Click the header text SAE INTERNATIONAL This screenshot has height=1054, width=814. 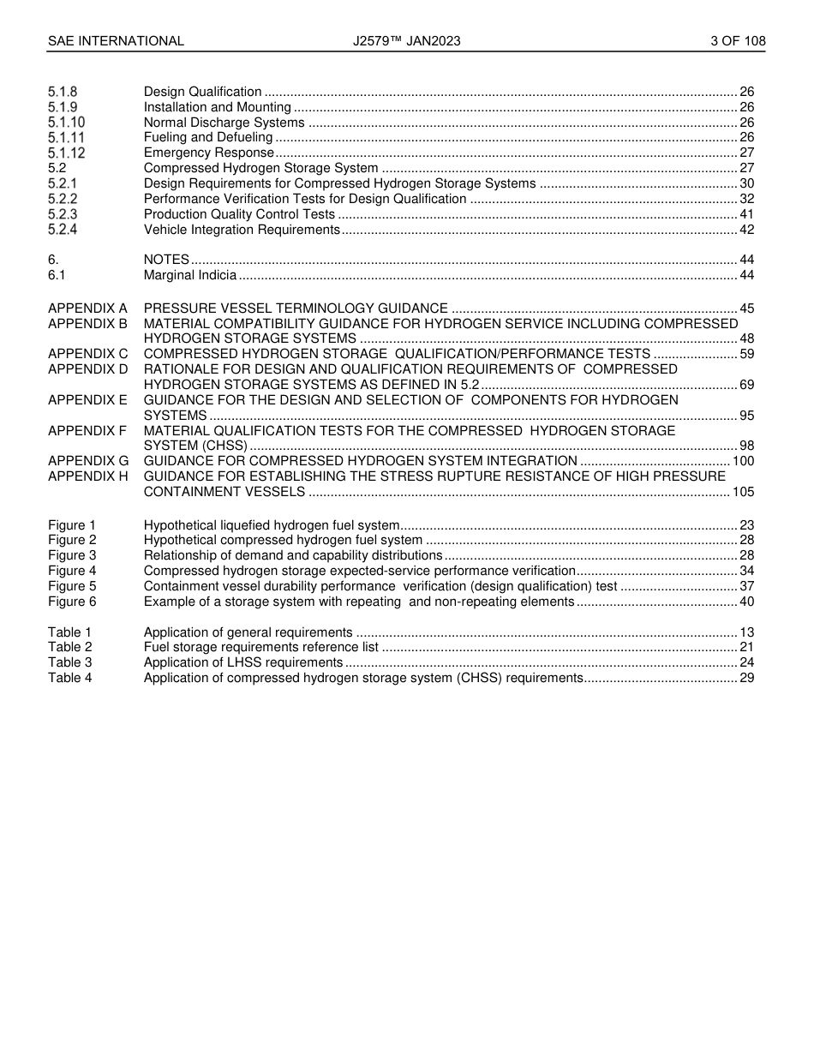coord(116,41)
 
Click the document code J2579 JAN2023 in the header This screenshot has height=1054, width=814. coord(406,41)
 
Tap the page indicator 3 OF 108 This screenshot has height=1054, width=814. coord(738,41)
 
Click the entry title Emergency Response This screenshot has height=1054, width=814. coord(209,153)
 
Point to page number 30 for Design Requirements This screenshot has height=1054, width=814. coord(746,183)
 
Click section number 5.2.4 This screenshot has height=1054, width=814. coord(63,230)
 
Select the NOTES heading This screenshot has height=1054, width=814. coord(166,260)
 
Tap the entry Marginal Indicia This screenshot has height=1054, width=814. coord(189,275)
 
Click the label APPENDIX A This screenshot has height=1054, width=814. coord(87,308)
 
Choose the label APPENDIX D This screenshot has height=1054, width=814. coord(87,369)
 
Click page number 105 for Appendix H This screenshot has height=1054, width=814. coord(743,492)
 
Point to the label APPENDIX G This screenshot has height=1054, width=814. coord(87,461)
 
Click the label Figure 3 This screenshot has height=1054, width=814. coord(72,555)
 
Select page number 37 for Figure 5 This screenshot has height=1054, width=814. coord(746,586)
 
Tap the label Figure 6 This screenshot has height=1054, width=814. coord(72,602)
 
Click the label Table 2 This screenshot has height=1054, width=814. coord(69,647)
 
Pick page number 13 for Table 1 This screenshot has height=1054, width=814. coord(746,632)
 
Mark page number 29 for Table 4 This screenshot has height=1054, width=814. coord(746,678)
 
